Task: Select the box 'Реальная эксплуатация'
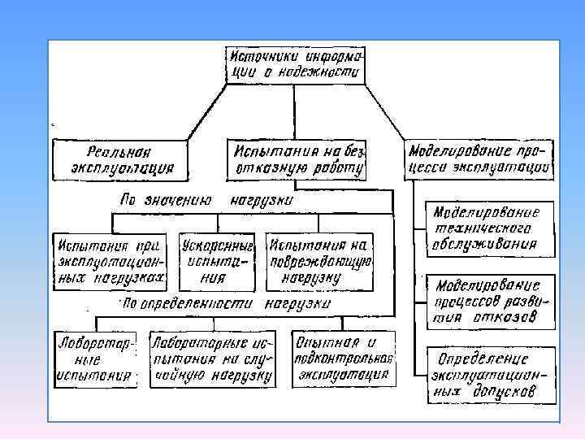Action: click(x=119, y=159)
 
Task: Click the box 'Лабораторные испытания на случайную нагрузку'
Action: click(x=210, y=359)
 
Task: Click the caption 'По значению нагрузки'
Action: click(x=207, y=199)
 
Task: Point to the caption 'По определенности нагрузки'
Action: click(x=226, y=303)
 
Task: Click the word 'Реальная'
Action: click(x=119, y=151)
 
